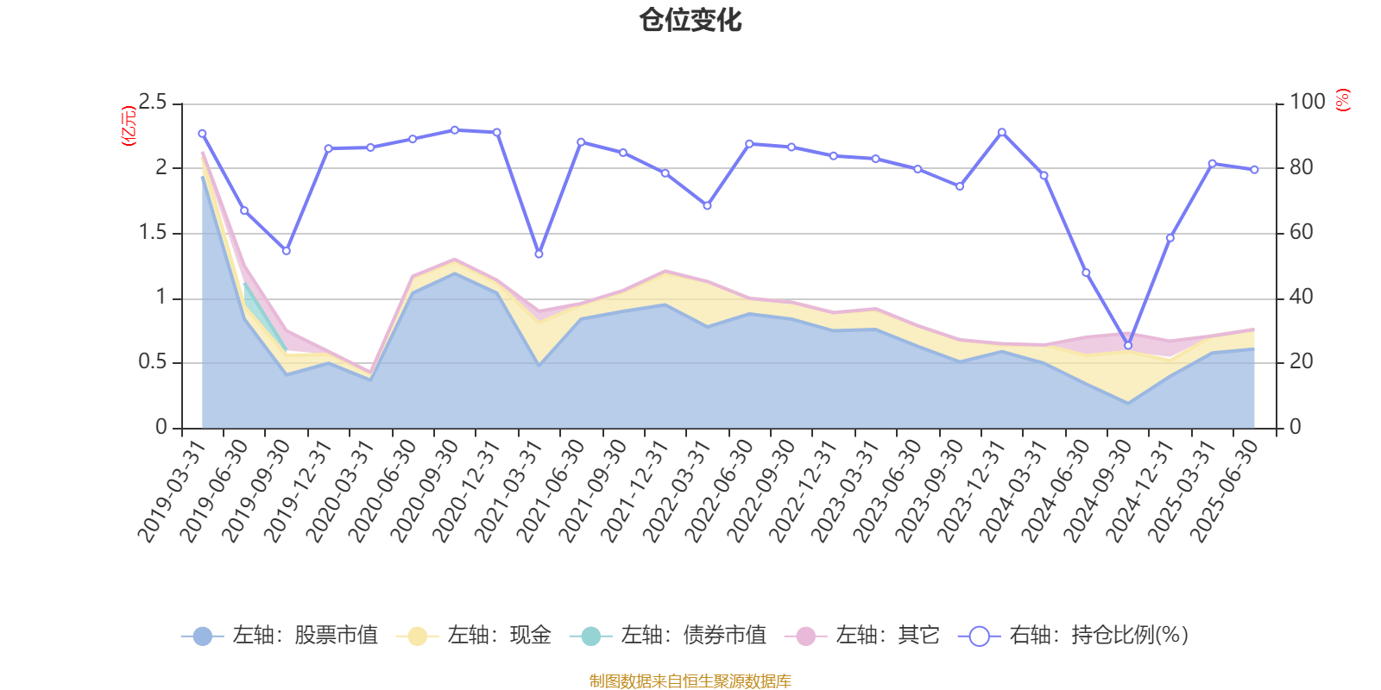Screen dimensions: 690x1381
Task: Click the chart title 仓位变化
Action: tap(690, 20)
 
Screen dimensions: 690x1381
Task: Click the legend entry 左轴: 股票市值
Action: tap(280, 636)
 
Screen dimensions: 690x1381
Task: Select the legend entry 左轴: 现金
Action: tap(474, 636)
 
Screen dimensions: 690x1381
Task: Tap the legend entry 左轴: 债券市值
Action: tap(668, 636)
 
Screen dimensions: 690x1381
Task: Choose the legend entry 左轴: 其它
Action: tap(862, 636)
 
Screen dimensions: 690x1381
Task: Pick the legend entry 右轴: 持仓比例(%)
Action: tap(1074, 636)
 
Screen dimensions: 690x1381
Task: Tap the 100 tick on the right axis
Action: tap(1307, 103)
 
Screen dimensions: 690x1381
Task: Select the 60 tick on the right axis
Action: tap(1302, 233)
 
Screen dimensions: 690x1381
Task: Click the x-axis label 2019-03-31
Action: tap(173, 491)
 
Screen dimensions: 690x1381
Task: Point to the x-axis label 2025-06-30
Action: tap(1226, 491)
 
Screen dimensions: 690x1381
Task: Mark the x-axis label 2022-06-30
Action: tap(721, 491)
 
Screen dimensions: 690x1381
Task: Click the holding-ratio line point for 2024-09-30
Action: tap(1127, 345)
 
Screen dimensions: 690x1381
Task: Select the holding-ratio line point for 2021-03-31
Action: tap(539, 254)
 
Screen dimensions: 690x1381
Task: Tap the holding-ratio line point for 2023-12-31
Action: tap(1001, 132)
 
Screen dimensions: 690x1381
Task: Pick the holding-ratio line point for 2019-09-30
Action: tap(287, 251)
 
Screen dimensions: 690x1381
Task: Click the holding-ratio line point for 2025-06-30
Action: tap(1254, 170)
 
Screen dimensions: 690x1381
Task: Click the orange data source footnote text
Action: tap(690, 681)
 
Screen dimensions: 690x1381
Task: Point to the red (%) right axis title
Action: tap(1342, 101)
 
